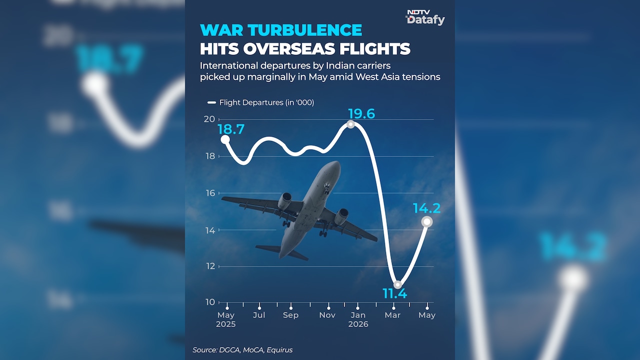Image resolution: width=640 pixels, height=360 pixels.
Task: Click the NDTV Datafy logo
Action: point(425,17)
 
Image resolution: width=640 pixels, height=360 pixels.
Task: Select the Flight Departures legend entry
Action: point(261,102)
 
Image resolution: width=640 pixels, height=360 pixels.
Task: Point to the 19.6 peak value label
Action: point(361,113)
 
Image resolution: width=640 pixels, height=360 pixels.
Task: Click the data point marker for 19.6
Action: point(350,124)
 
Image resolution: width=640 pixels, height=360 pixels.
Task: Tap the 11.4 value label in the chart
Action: point(394,293)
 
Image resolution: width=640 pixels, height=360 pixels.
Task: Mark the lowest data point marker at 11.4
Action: point(397,284)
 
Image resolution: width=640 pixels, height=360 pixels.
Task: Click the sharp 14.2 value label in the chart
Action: point(427,208)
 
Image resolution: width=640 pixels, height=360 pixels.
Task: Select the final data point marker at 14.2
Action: point(427,221)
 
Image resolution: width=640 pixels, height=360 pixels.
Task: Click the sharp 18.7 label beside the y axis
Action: point(231,129)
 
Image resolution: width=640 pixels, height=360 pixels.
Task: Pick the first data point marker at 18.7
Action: point(225,139)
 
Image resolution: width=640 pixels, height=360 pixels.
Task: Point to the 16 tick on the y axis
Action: point(210,193)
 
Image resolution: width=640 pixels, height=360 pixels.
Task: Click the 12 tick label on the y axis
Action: point(210,266)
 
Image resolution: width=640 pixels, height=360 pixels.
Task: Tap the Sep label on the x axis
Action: point(290,315)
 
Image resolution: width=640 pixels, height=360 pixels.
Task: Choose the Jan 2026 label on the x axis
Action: point(358,319)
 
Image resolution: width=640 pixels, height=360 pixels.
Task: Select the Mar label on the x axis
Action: point(392,315)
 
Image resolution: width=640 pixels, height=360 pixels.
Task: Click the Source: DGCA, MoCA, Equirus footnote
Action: point(242,350)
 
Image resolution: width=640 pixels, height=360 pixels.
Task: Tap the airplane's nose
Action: point(335,163)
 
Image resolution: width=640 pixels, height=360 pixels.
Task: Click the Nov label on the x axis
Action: point(327,315)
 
